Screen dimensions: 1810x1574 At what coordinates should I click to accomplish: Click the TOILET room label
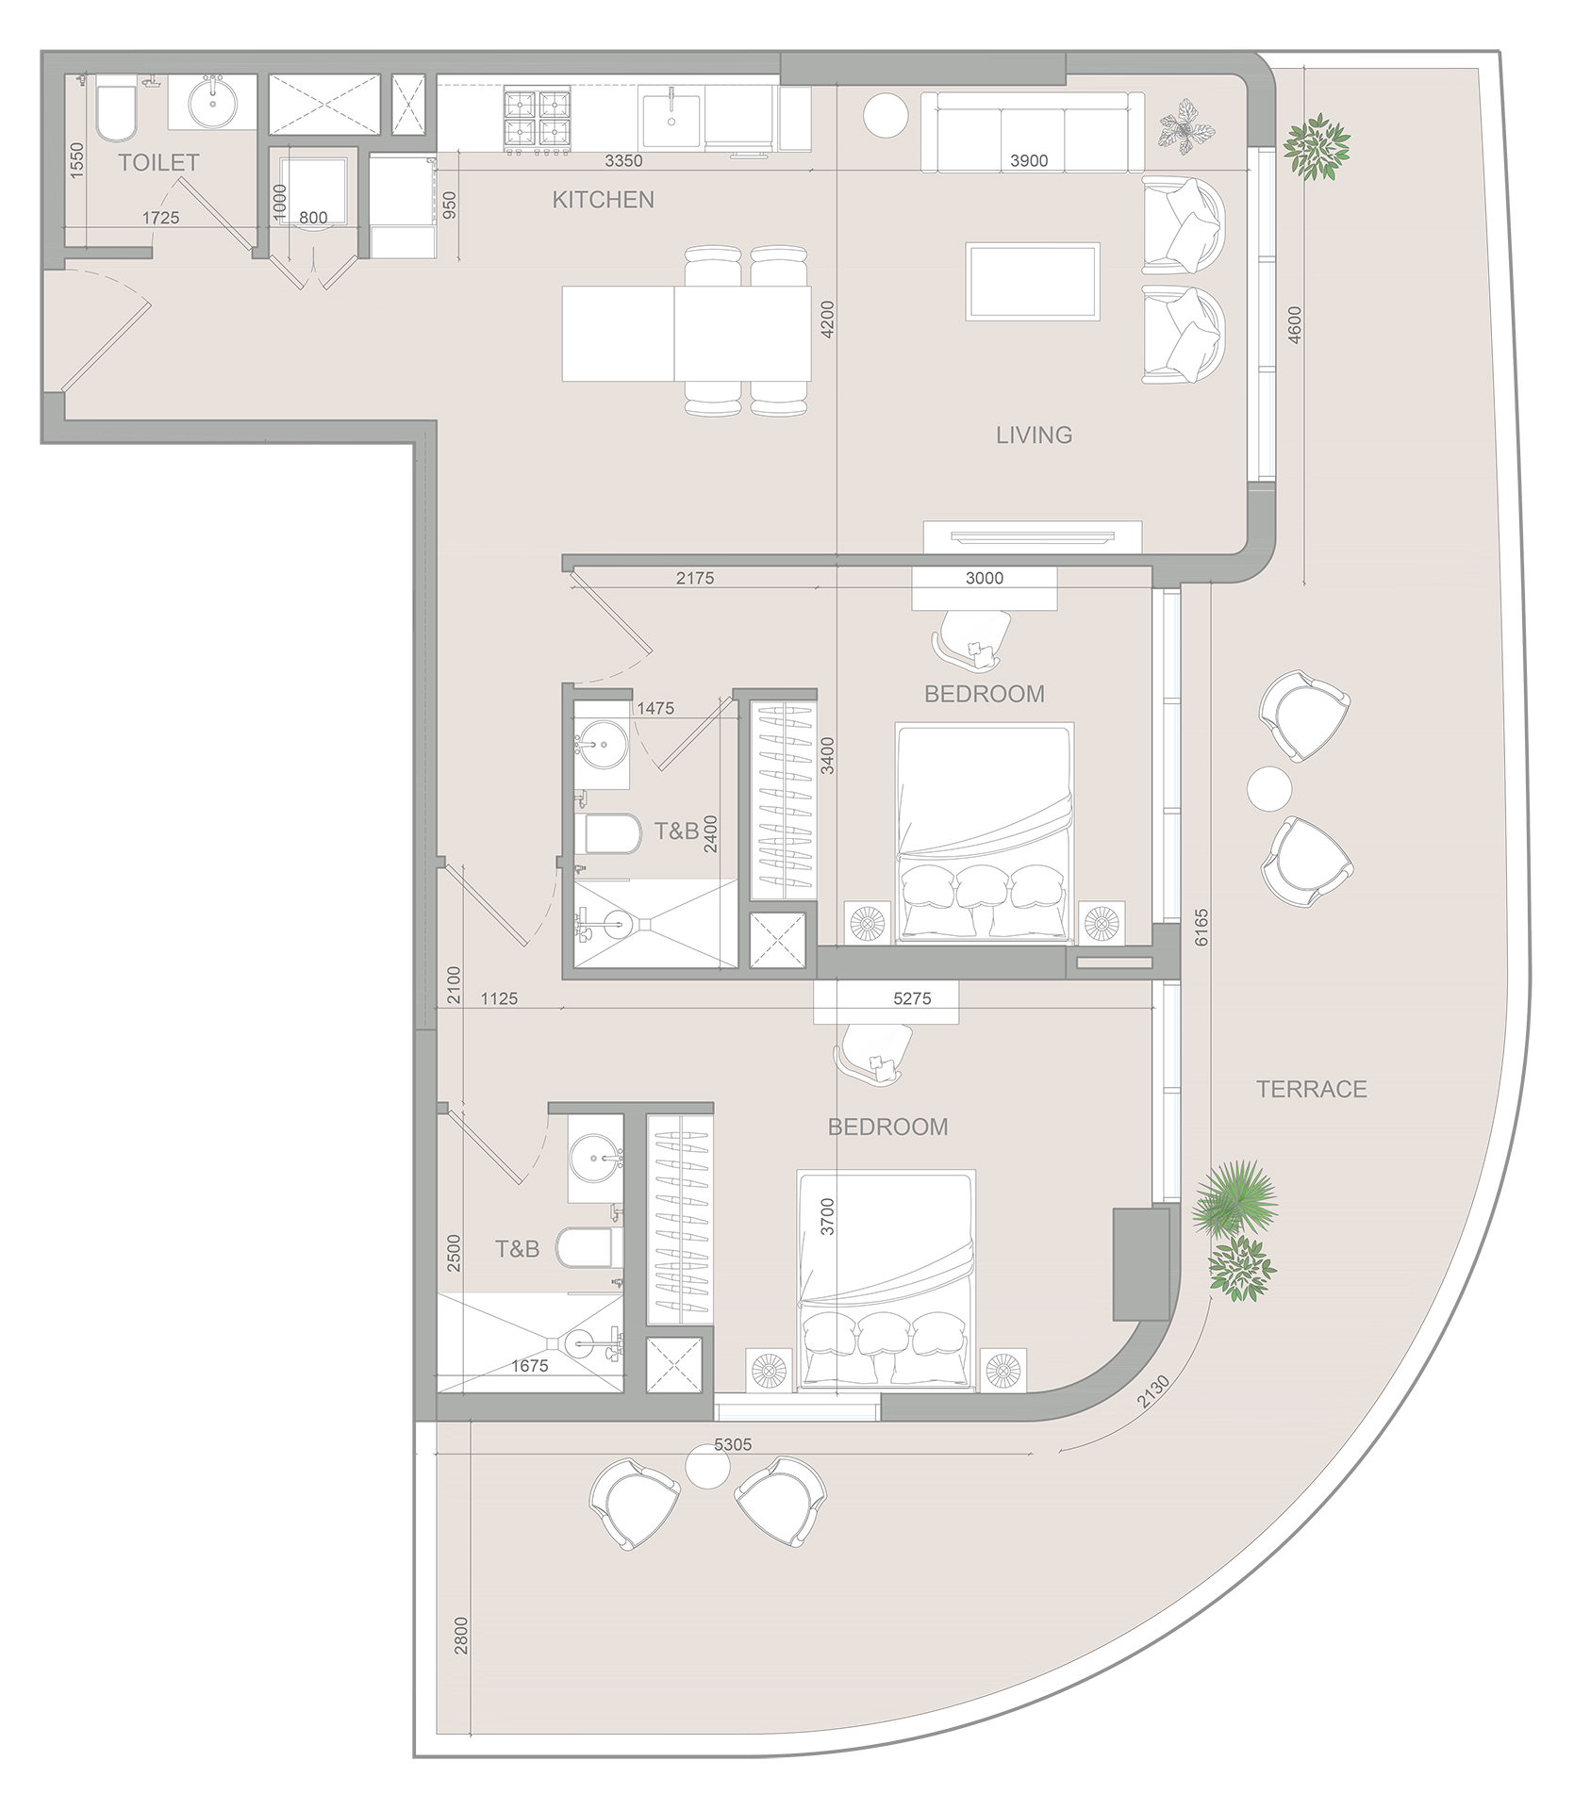pyautogui.click(x=158, y=163)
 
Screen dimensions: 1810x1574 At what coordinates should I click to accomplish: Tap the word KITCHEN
pyautogui.click(x=603, y=200)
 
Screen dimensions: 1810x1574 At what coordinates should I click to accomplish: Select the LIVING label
pyautogui.click(x=1034, y=435)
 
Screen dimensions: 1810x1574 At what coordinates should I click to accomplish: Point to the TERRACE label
pyautogui.click(x=1311, y=1089)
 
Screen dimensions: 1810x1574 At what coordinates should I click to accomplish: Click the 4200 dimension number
pyautogui.click(x=827, y=320)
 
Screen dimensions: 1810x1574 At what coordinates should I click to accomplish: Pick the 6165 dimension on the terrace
pyautogui.click(x=1201, y=928)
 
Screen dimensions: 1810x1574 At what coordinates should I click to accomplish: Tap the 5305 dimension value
pyautogui.click(x=733, y=1444)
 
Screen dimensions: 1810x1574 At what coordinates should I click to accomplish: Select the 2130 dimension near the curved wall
pyautogui.click(x=1153, y=1392)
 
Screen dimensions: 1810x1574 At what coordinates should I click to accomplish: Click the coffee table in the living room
pyautogui.click(x=1032, y=281)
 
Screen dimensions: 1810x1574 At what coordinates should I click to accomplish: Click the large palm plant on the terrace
pyautogui.click(x=1234, y=1200)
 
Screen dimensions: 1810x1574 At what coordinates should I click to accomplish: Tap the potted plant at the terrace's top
pyautogui.click(x=1316, y=146)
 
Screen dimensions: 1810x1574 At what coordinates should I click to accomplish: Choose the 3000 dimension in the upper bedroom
pyautogui.click(x=984, y=579)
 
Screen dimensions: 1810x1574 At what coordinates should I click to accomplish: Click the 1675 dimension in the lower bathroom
pyautogui.click(x=529, y=1365)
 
